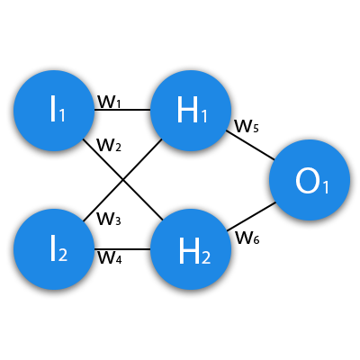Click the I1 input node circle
point(54,111)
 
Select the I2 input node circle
point(54,249)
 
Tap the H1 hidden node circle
point(191,111)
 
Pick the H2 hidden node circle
point(191,249)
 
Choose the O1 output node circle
point(310,180)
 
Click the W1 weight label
point(109,103)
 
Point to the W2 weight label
point(109,145)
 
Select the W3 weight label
point(109,219)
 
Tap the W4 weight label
point(110,257)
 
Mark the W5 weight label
point(247,126)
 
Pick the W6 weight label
point(247,238)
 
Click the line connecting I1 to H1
point(122,110)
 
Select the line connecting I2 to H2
point(122,249)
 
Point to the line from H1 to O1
point(250,145)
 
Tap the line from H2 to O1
point(251,217)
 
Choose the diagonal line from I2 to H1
point(123,180)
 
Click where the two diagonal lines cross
point(123,180)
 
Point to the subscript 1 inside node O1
point(326,186)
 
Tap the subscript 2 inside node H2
point(206,256)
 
